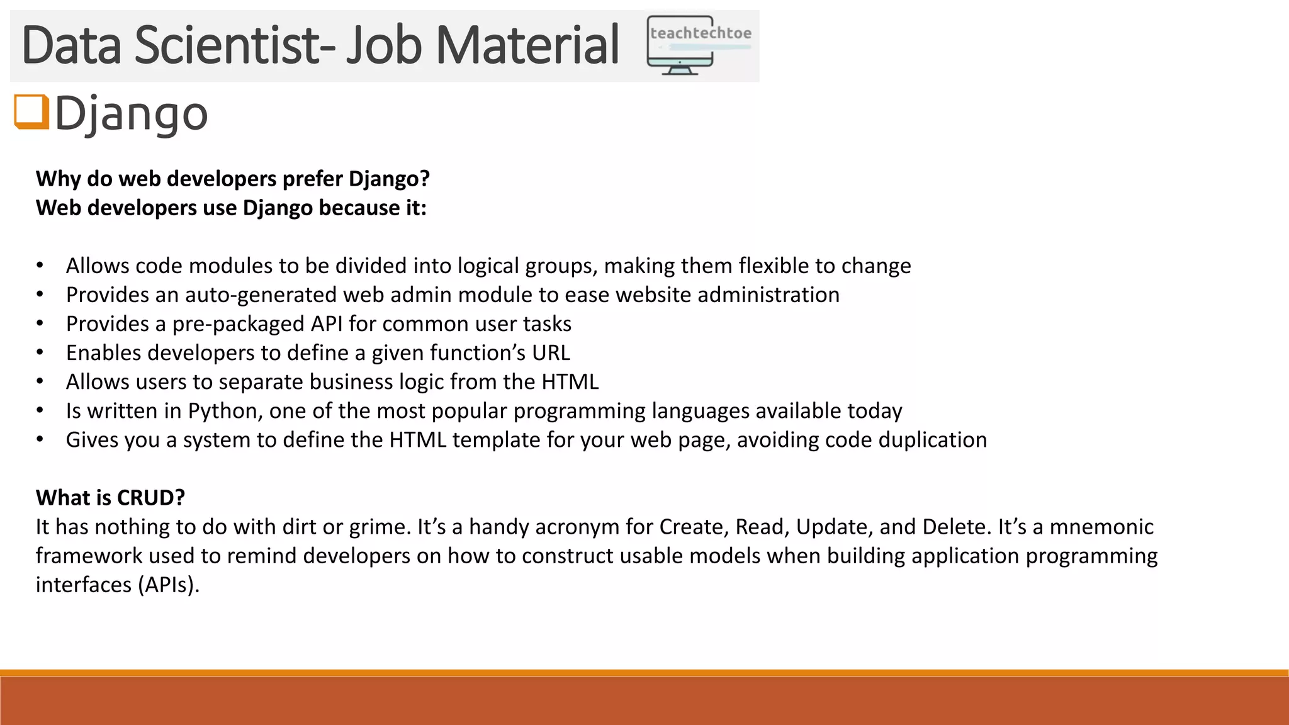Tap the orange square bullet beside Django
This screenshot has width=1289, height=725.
click(31, 112)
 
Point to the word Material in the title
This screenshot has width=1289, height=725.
click(527, 45)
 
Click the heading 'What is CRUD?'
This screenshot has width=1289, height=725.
click(110, 498)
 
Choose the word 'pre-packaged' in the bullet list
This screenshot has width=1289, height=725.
click(239, 323)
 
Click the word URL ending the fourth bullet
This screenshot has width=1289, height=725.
click(551, 352)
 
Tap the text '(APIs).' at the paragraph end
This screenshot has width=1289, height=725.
click(168, 585)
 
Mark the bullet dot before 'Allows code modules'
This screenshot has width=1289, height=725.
click(40, 266)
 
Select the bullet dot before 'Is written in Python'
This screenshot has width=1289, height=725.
click(40, 410)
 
